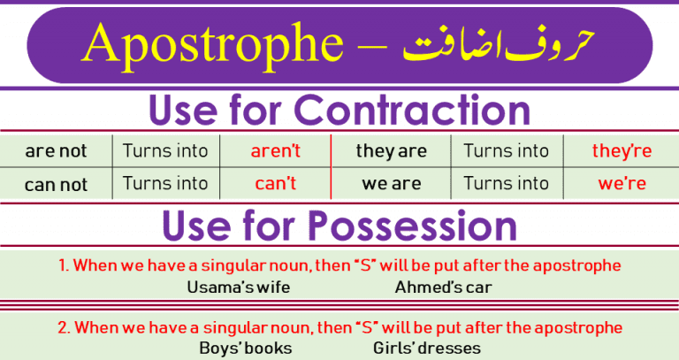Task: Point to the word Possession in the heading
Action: [411, 226]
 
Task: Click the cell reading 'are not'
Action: [57, 151]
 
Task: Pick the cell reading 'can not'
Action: [57, 184]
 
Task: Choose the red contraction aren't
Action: [275, 151]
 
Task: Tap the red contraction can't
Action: [275, 184]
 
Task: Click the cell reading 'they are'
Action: [391, 151]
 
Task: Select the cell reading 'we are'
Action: [391, 184]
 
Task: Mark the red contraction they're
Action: [622, 151]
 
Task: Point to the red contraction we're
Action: [622, 184]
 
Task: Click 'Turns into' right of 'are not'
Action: [165, 151]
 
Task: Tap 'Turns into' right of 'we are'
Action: [506, 184]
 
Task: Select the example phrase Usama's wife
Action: [239, 287]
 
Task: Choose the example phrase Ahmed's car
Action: [443, 287]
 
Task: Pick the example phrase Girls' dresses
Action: [426, 348]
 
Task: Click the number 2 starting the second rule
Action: [63, 327]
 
